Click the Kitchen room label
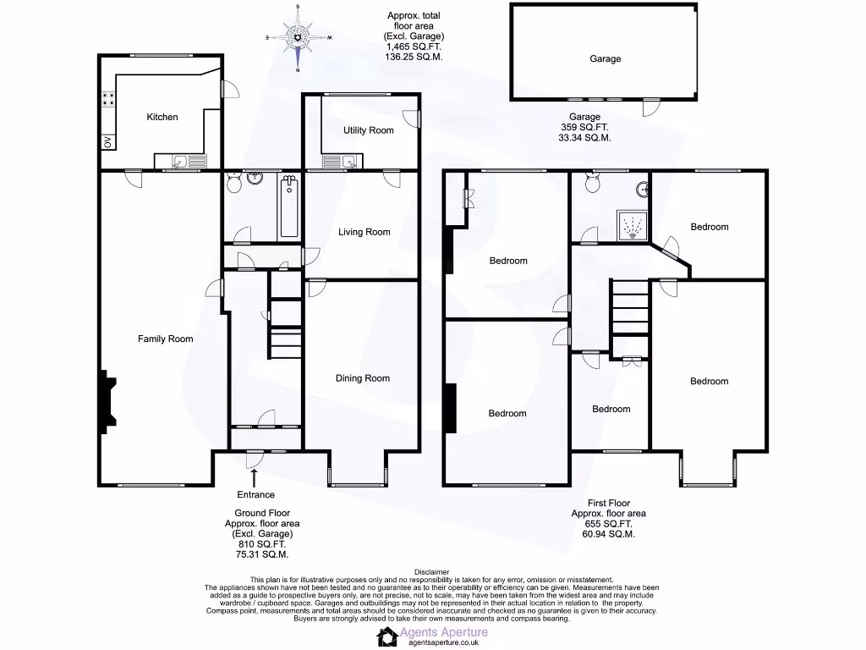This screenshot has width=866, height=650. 162,117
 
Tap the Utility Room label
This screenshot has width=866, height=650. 369,130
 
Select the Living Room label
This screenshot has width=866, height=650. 364,232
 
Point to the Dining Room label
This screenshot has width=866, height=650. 363,378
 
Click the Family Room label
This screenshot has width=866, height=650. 166,339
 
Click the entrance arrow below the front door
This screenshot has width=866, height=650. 254,479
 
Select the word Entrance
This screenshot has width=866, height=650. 256,495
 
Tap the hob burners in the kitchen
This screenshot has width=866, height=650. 108,99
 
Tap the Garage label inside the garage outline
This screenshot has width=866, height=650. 605,59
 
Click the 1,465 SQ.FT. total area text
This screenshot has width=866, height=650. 414,47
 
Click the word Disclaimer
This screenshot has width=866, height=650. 432,572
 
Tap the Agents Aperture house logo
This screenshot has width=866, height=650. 388,636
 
